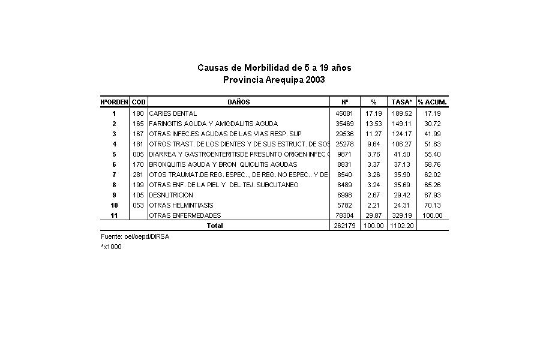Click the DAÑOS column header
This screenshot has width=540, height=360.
tap(238, 102)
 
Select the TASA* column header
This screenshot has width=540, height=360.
tap(401, 102)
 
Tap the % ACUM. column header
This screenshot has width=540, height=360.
tap(433, 102)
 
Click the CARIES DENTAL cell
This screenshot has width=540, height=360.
tap(173, 113)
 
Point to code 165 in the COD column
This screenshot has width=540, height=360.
tap(138, 124)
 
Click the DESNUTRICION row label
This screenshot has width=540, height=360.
tap(171, 195)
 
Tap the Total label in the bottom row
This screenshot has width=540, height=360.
tap(215, 226)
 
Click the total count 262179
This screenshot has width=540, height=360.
tap(343, 226)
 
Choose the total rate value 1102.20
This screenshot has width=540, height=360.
tap(401, 226)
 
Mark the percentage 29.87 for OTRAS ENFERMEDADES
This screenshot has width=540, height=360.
tap(374, 215)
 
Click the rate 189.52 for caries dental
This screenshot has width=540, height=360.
tap(401, 113)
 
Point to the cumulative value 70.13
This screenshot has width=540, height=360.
tap(433, 205)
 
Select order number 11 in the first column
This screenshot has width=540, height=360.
tap(114, 215)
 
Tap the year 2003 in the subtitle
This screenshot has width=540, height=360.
tap(315, 80)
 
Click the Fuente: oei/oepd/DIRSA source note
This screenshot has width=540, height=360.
tap(126, 237)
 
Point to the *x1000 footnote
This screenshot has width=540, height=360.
tap(111, 247)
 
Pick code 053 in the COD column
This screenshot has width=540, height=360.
tap(138, 205)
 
